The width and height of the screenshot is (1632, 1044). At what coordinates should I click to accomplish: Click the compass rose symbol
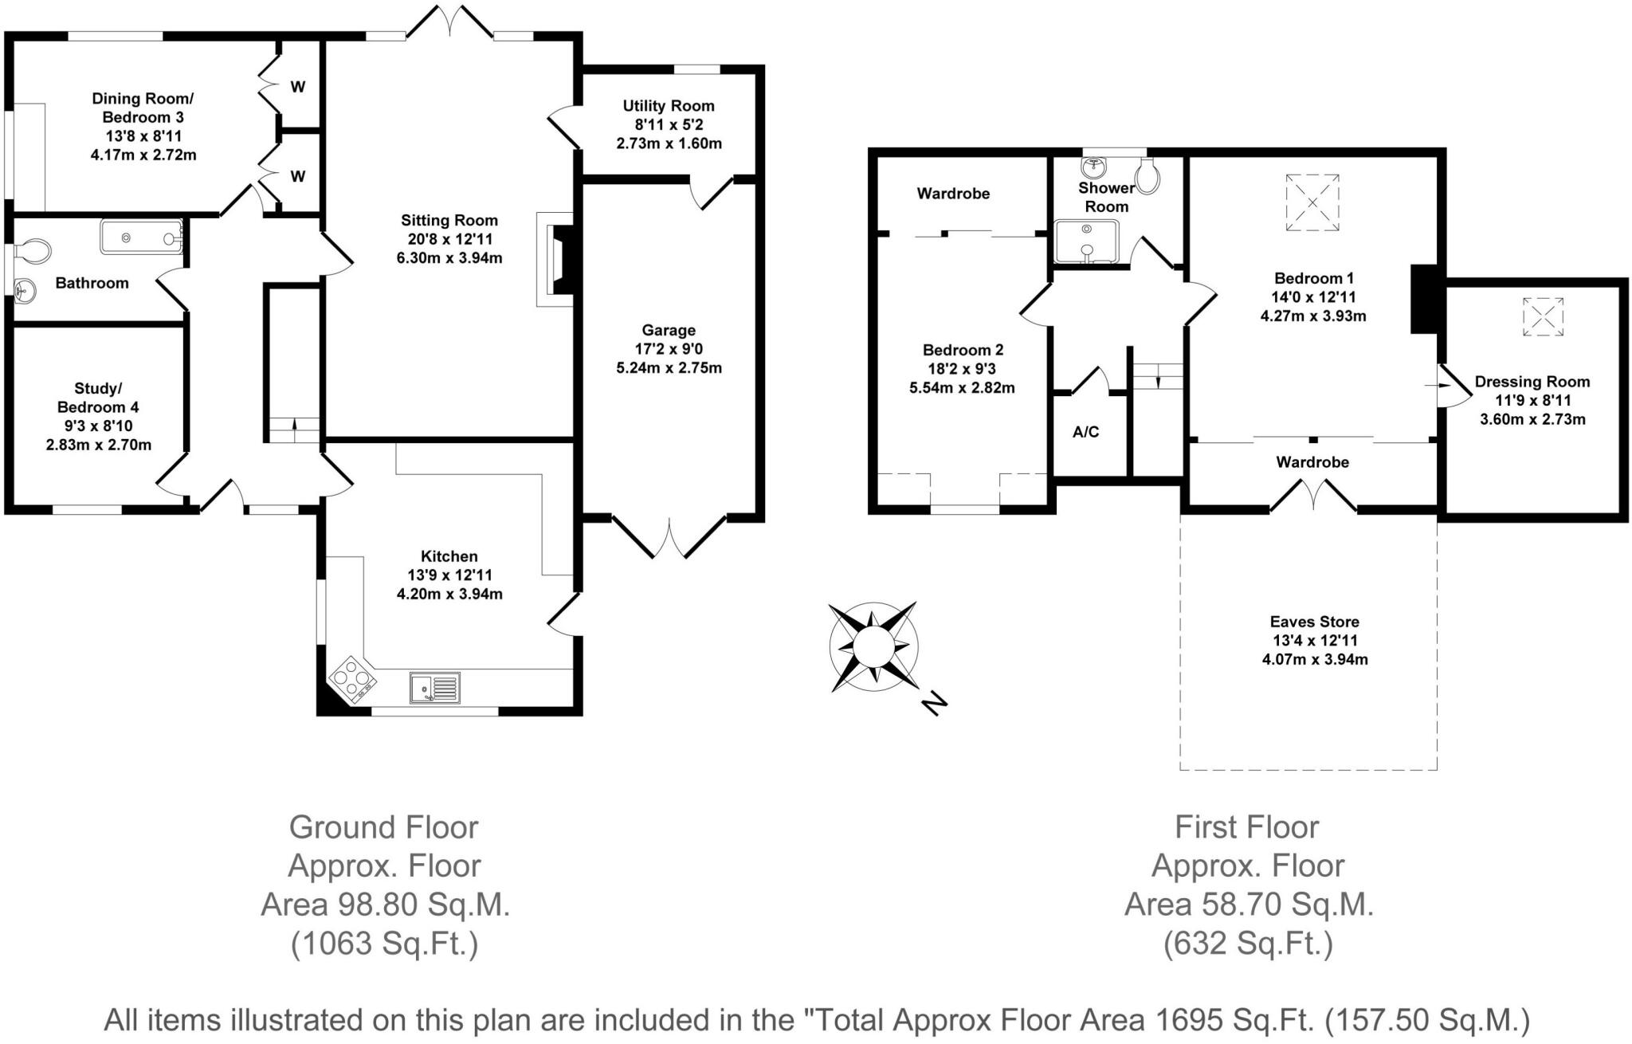873,646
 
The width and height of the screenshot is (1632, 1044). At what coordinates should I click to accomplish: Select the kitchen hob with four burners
353,679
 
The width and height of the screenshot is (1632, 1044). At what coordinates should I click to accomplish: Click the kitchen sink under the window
435,687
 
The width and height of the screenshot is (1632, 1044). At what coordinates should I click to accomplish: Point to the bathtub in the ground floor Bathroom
142,237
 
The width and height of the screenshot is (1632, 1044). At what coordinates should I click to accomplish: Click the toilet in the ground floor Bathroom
34,250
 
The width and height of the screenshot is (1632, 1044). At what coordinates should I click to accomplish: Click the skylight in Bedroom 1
1312,203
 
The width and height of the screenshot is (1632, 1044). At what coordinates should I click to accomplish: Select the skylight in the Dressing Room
1543,317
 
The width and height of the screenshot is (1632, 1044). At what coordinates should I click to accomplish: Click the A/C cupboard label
1085,432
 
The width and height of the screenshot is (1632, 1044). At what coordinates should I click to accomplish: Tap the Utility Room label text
668,106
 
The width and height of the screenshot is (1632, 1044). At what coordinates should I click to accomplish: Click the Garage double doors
669,536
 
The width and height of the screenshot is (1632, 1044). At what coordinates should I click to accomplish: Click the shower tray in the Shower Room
1087,241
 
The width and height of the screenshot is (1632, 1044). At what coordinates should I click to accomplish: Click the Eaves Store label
1314,622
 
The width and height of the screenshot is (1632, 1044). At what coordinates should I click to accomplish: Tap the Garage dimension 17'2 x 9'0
669,349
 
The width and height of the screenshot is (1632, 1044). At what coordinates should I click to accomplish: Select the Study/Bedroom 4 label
98,398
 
